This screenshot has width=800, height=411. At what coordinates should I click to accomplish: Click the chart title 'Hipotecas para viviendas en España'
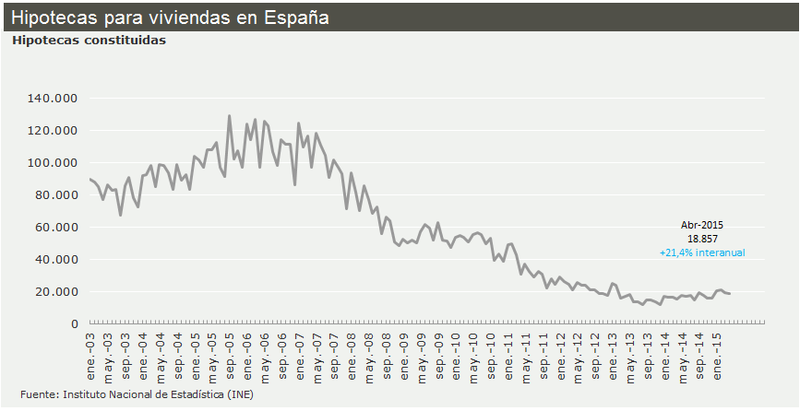click(170, 18)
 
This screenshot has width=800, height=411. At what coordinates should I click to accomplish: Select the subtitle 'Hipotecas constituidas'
click(89, 41)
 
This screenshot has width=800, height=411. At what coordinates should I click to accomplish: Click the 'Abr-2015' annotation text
click(702, 225)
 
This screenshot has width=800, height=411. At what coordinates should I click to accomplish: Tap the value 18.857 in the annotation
click(702, 239)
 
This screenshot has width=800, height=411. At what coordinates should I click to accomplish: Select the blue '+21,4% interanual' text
click(702, 252)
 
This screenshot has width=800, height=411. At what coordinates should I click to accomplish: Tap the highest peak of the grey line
click(229, 116)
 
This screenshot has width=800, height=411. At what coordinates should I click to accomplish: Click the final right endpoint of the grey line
click(731, 294)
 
